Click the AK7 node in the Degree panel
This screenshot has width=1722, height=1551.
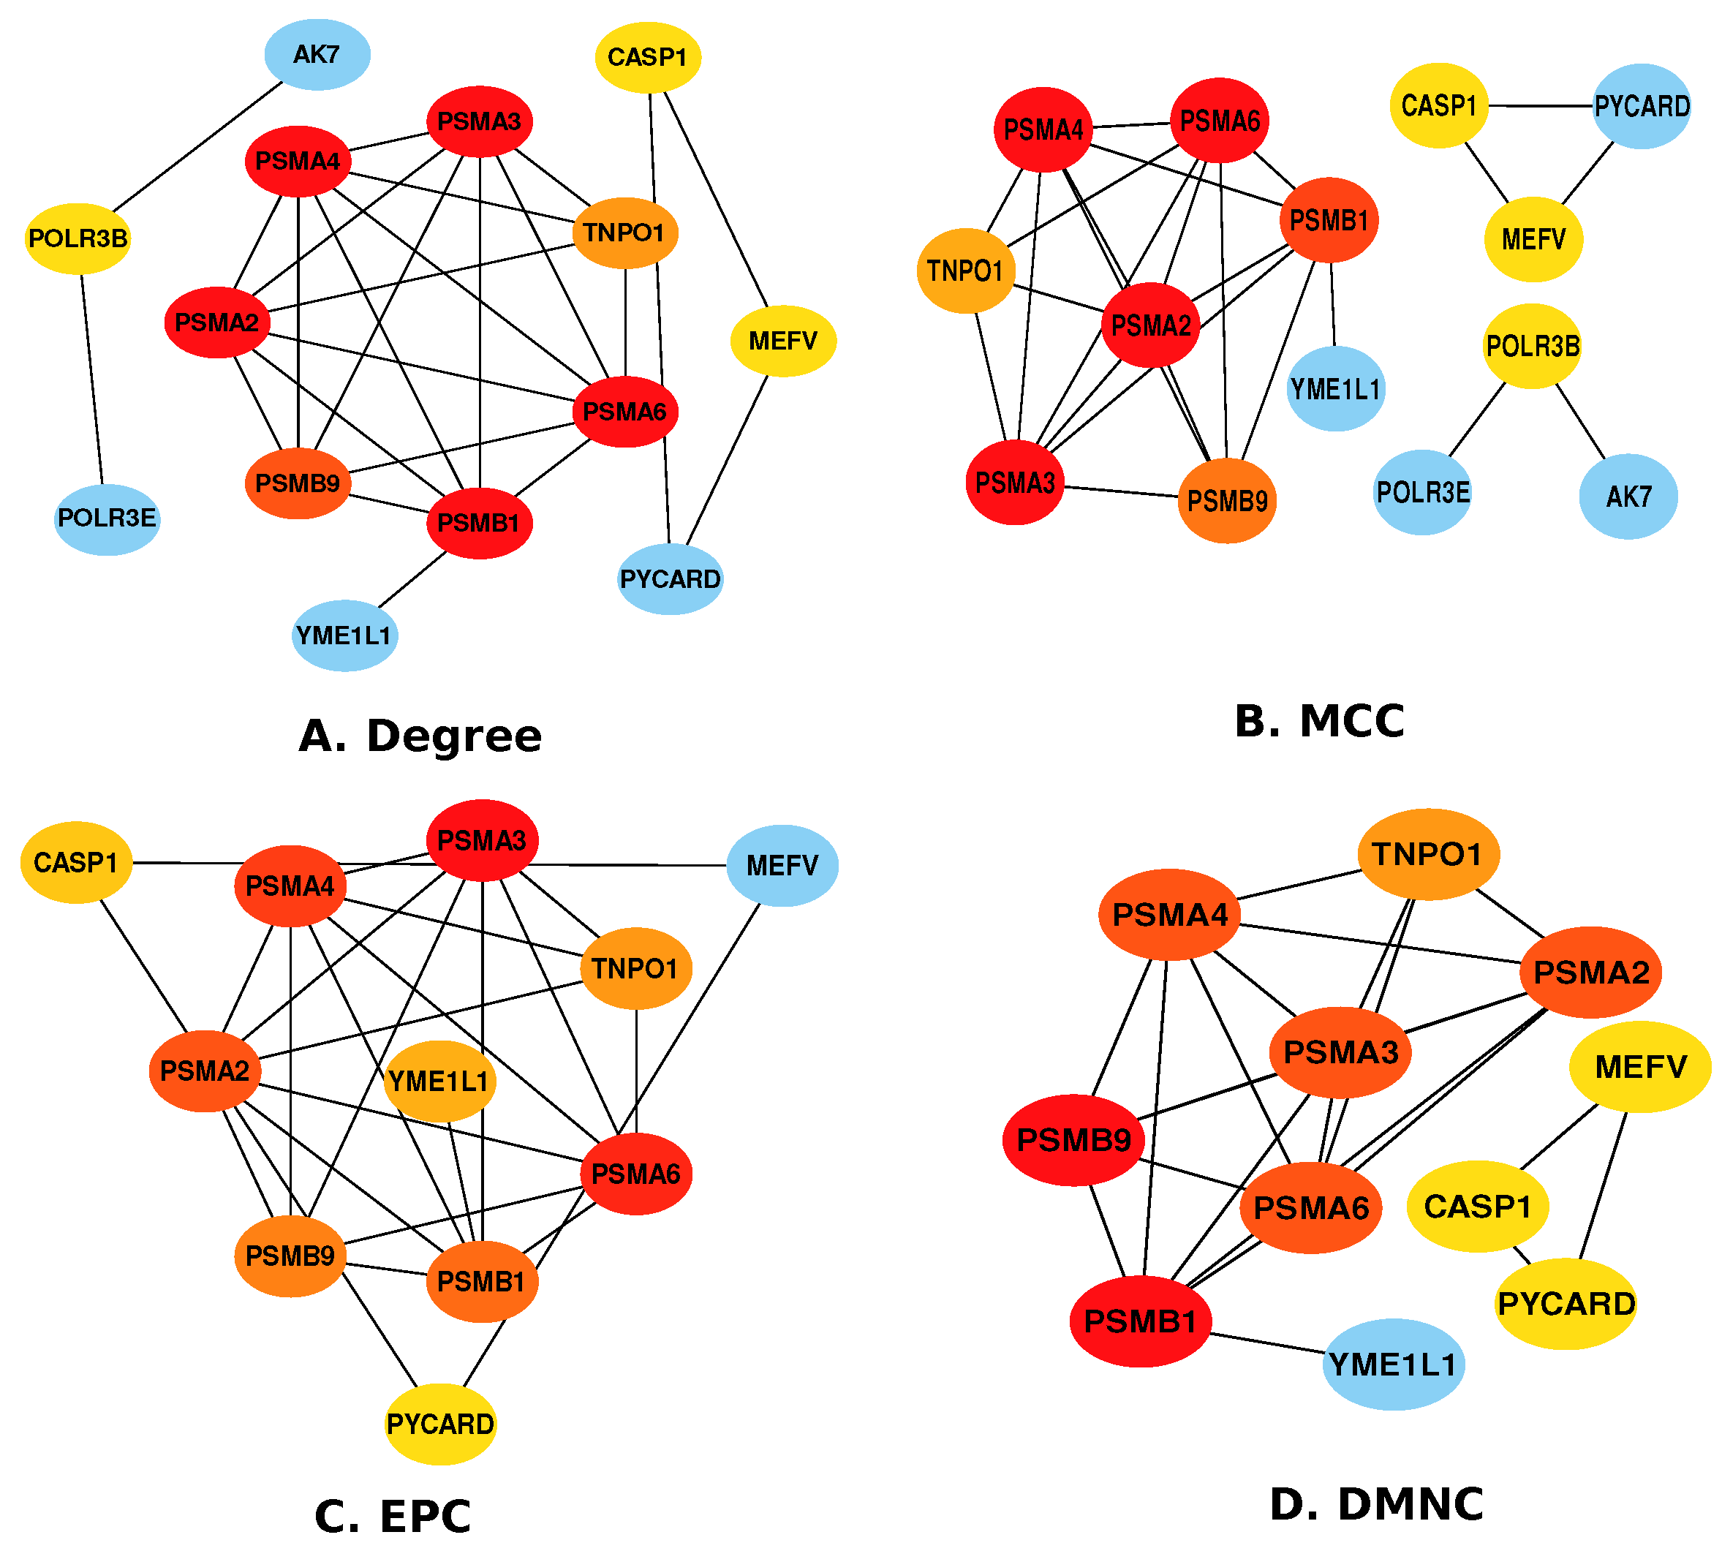tap(317, 55)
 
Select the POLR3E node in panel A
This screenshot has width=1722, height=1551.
tap(107, 518)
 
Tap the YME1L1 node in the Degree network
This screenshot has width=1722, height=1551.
tap(344, 635)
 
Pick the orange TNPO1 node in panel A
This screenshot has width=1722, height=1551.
tap(624, 233)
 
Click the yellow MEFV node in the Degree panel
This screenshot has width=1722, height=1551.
tap(783, 341)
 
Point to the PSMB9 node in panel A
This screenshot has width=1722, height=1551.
tap(298, 483)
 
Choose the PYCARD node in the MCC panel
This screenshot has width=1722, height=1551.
tap(1641, 107)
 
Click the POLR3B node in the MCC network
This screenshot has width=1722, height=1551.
tap(1532, 346)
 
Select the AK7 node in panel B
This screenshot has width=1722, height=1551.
tap(1628, 496)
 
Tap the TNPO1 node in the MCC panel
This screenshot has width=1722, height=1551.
tap(965, 271)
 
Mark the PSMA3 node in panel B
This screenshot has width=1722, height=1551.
tap(1015, 483)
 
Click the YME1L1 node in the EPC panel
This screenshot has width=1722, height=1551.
tap(439, 1082)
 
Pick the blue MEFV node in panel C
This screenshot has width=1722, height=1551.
tap(782, 866)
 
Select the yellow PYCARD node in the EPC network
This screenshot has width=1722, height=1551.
tap(440, 1424)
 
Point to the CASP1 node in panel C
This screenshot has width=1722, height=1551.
tap(76, 862)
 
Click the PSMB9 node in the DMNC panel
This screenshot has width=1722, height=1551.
tap(1073, 1140)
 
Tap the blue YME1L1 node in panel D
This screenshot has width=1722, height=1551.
tap(1393, 1365)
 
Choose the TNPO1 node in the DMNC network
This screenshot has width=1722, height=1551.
tap(1428, 854)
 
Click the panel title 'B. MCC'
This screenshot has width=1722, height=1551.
tap(1319, 721)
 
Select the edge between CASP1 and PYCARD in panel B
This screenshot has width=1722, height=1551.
tap(1541, 106)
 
